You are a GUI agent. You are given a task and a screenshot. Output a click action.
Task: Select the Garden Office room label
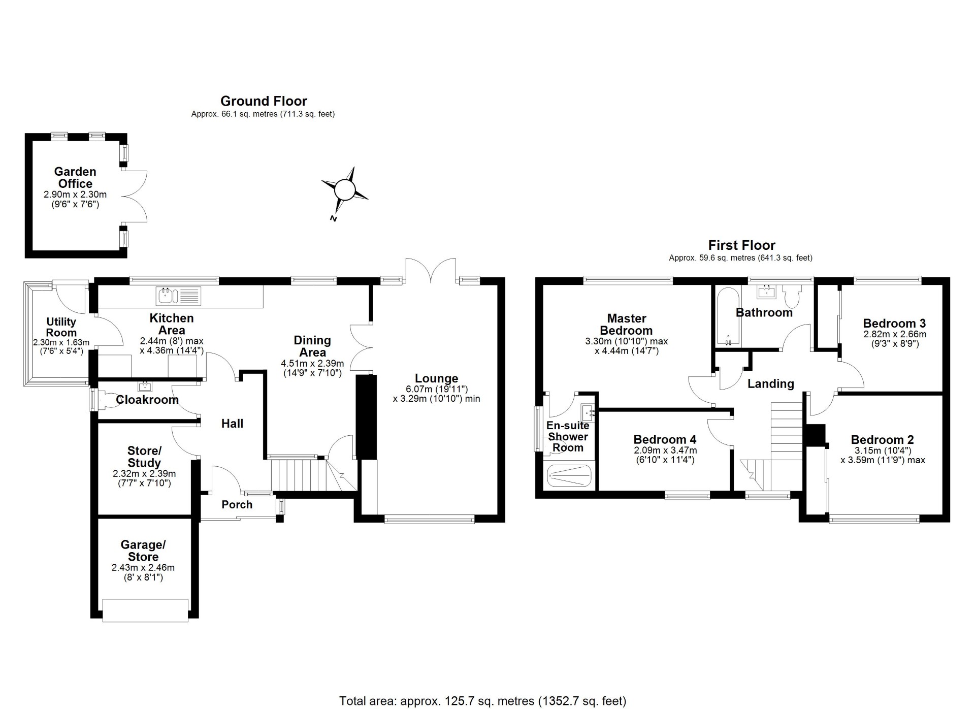(75, 178)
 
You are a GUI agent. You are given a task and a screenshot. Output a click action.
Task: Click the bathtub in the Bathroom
(728, 316)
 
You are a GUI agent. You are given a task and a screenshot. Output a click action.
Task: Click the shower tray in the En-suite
(569, 476)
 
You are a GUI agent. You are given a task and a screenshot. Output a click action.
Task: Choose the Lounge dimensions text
(436, 394)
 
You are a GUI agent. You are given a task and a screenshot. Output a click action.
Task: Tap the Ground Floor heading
(264, 101)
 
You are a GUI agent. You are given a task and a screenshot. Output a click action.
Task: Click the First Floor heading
(741, 245)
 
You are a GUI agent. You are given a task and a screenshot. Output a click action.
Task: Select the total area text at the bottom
(482, 701)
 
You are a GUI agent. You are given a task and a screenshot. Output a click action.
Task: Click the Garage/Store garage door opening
(145, 610)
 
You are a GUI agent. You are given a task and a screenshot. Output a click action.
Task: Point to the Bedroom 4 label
(665, 439)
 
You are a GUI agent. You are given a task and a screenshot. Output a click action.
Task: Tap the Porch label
(237, 504)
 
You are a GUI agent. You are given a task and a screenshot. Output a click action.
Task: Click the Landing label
(770, 384)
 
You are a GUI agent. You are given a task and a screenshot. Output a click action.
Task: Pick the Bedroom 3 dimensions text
(895, 339)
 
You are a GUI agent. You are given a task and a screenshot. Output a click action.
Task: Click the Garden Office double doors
(136, 196)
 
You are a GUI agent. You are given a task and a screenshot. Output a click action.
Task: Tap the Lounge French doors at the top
(431, 269)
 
